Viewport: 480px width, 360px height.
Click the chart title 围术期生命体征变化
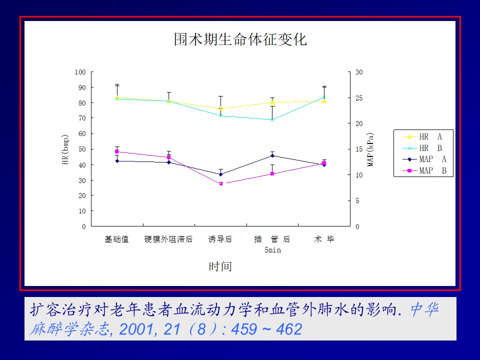pyautogui.click(x=240, y=39)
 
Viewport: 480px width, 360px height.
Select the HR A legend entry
pyautogui.click(x=422, y=136)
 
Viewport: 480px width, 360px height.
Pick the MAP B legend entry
pyautogui.click(x=424, y=170)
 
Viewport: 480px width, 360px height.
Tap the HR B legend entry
pyautogui.click(x=422, y=148)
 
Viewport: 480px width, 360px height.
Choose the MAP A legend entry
pyautogui.click(x=424, y=159)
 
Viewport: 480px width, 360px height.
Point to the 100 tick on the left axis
pyautogui.click(x=80, y=72)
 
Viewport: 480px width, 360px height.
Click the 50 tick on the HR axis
pyautogui.click(x=82, y=149)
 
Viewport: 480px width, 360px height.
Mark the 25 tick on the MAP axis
pyautogui.click(x=359, y=98)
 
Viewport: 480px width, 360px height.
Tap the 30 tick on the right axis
pyautogui.click(x=359, y=72)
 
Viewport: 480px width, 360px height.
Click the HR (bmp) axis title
pyautogui.click(x=65, y=149)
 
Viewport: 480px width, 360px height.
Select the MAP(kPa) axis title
pyautogui.click(x=370, y=149)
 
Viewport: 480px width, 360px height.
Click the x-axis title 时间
pyautogui.click(x=220, y=266)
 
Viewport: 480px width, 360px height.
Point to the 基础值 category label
pyautogui.click(x=116, y=239)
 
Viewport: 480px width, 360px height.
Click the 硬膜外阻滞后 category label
pyautogui.click(x=168, y=239)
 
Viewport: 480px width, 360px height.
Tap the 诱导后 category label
pyautogui.click(x=220, y=239)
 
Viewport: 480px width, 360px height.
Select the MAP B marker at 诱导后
pyautogui.click(x=220, y=183)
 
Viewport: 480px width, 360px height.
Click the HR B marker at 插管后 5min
pyautogui.click(x=272, y=120)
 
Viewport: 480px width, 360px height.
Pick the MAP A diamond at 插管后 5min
pyautogui.click(x=272, y=156)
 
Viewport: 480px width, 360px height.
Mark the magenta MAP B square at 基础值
pyautogui.click(x=117, y=151)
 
